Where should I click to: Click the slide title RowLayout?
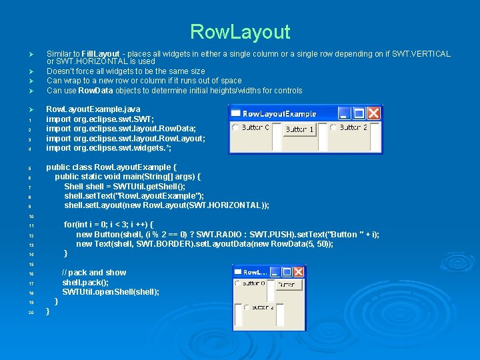240,31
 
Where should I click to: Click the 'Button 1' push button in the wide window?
299,129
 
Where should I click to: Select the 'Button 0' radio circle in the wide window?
235,127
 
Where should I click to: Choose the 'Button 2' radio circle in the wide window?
333,127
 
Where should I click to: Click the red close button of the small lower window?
298,271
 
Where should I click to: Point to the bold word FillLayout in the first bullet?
101,54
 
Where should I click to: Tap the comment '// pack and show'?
94,273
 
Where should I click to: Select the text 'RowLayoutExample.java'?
93,109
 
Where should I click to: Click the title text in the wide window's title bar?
279,113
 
